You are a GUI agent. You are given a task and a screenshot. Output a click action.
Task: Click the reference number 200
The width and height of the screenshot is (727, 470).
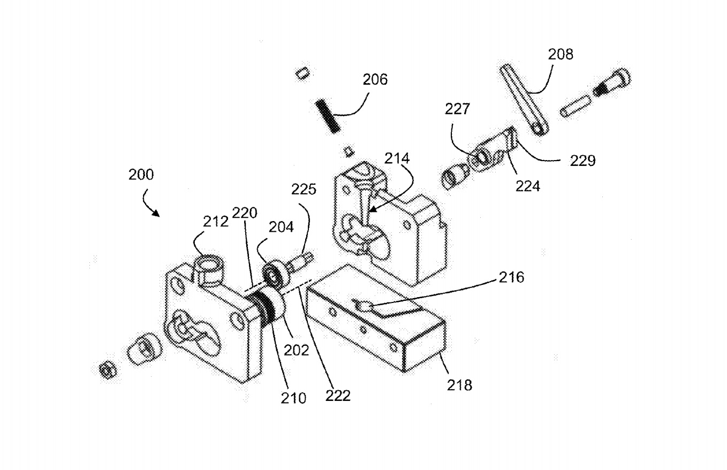coord(141,175)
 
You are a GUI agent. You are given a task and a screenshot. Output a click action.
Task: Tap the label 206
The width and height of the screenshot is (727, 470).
coord(375,80)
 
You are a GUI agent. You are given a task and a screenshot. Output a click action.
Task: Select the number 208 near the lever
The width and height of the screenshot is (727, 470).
coord(560,54)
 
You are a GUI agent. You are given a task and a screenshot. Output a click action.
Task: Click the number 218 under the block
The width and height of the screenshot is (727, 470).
coord(460,384)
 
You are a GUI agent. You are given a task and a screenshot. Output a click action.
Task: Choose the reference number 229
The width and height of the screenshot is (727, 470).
coord(582,160)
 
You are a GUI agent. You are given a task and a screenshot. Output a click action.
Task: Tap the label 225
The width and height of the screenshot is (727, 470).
coord(304,189)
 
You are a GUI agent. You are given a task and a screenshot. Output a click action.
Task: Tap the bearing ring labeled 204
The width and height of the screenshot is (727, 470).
coord(275,274)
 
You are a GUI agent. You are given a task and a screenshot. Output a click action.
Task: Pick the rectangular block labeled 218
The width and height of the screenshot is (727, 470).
coord(378,321)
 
